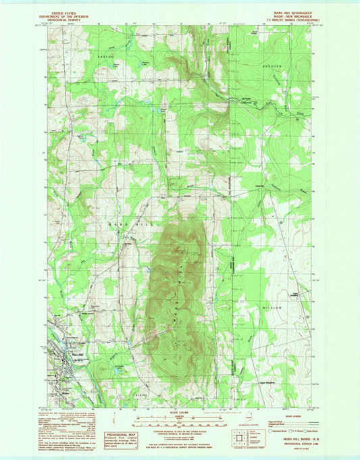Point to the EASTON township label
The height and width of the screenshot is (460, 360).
103,57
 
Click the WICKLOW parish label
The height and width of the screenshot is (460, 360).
272,307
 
